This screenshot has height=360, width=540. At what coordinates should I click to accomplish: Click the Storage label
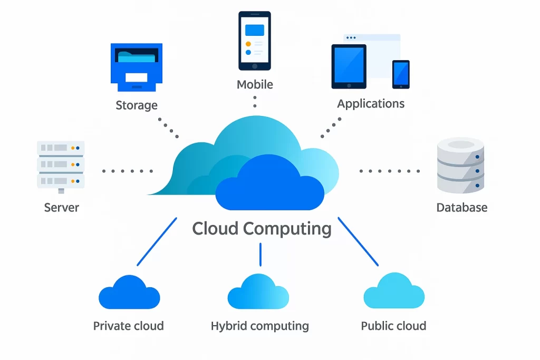(137, 105)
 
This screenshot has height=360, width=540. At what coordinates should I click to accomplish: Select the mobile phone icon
(255, 41)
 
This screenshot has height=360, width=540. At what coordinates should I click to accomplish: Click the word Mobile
(255, 84)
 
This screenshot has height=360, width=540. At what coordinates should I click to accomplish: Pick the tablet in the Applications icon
(349, 66)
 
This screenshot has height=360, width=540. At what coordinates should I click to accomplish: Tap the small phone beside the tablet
(401, 74)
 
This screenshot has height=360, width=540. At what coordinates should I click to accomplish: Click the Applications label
(371, 103)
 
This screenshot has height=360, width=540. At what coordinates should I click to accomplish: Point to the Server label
(62, 207)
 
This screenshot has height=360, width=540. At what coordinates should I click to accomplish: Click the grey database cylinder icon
(460, 165)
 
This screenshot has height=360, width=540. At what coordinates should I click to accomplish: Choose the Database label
(461, 208)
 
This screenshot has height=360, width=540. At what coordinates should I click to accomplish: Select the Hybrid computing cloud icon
(258, 293)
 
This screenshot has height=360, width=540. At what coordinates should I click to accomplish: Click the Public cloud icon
(394, 291)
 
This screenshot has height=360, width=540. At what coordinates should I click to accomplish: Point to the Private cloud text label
(128, 326)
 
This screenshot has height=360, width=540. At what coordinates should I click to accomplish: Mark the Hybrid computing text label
(259, 326)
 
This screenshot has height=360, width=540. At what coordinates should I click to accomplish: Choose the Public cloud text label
(393, 326)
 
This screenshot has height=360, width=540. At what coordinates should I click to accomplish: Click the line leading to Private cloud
(157, 241)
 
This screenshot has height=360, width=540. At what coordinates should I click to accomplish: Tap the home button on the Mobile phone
(255, 66)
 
